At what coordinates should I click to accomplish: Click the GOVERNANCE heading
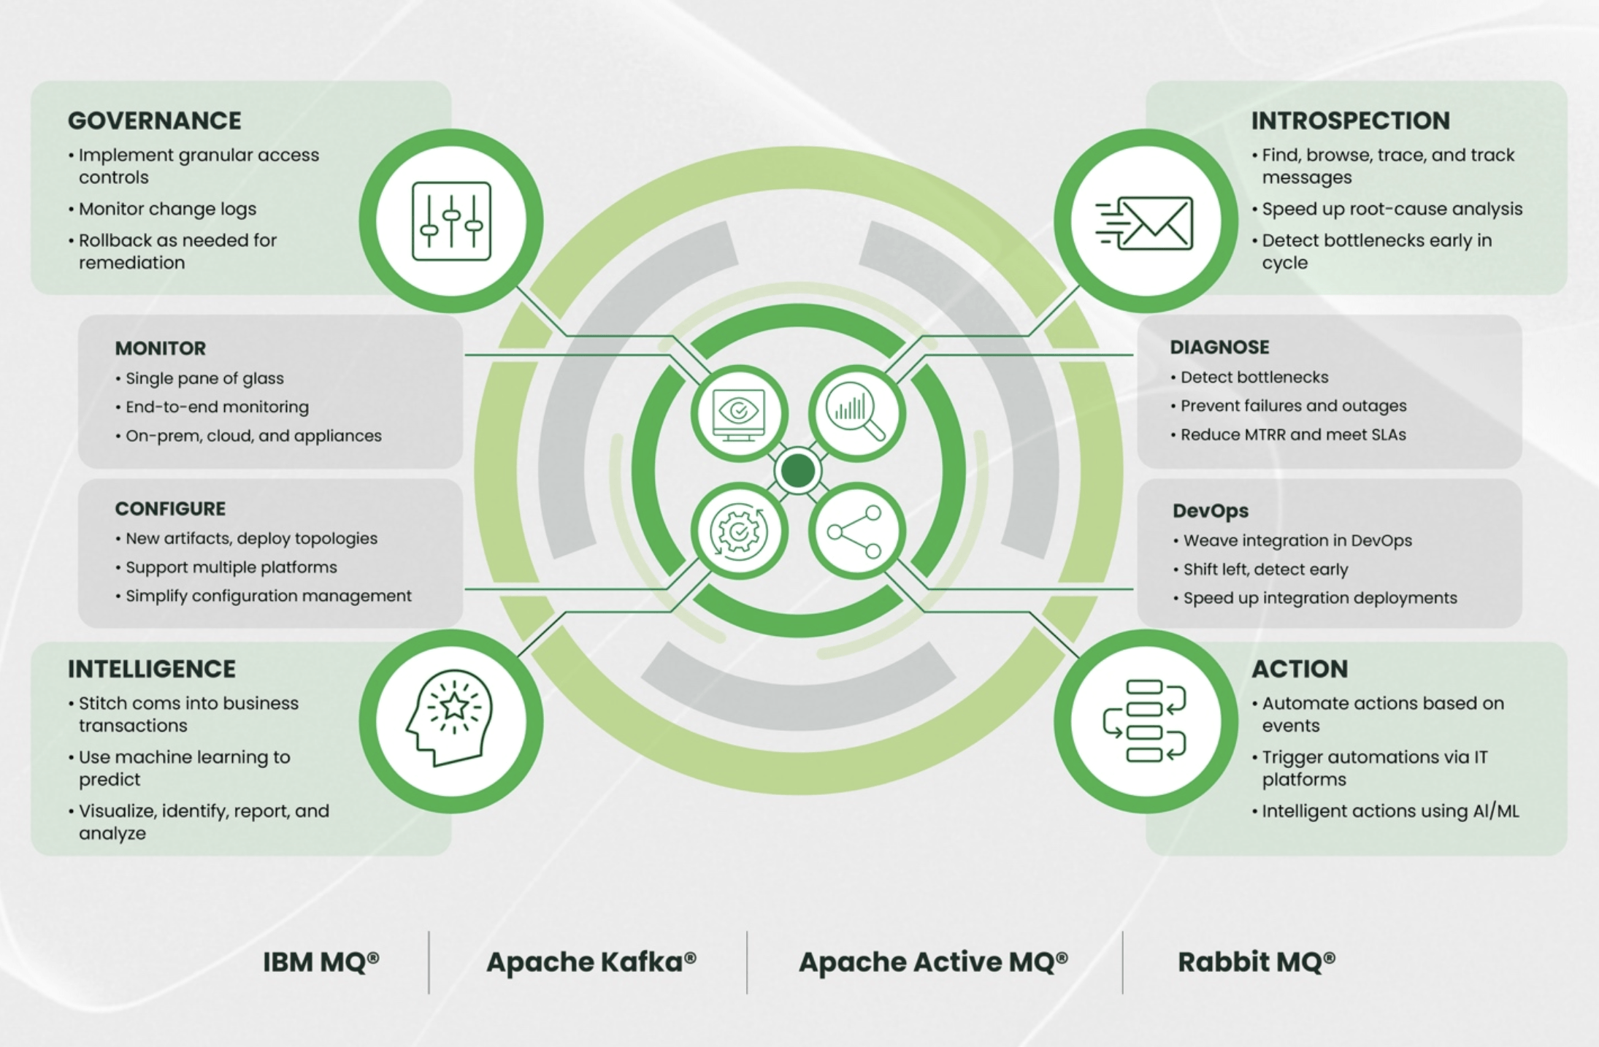point(154,120)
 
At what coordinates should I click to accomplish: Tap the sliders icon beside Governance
point(451,221)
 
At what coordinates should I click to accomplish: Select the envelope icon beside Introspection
point(1146,222)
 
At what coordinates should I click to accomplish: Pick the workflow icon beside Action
point(1145,721)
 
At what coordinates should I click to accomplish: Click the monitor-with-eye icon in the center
point(739,413)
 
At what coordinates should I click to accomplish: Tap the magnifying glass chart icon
point(856,413)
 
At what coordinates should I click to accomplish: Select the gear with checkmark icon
point(739,531)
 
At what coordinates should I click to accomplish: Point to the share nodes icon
point(856,532)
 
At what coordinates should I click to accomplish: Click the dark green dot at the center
point(797,471)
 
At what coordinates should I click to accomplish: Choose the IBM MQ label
point(321,962)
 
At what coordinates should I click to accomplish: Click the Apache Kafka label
point(591,962)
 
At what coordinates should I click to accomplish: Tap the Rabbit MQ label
point(1256,962)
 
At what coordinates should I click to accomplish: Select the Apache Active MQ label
point(932,962)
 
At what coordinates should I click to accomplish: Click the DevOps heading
point(1210,510)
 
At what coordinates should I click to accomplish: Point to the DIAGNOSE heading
point(1219,347)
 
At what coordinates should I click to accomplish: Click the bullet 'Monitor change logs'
point(167,209)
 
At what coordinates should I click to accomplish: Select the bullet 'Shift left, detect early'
point(1265,569)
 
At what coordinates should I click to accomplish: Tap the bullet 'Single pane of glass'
point(204,378)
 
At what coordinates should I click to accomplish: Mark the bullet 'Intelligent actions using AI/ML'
point(1390,811)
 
